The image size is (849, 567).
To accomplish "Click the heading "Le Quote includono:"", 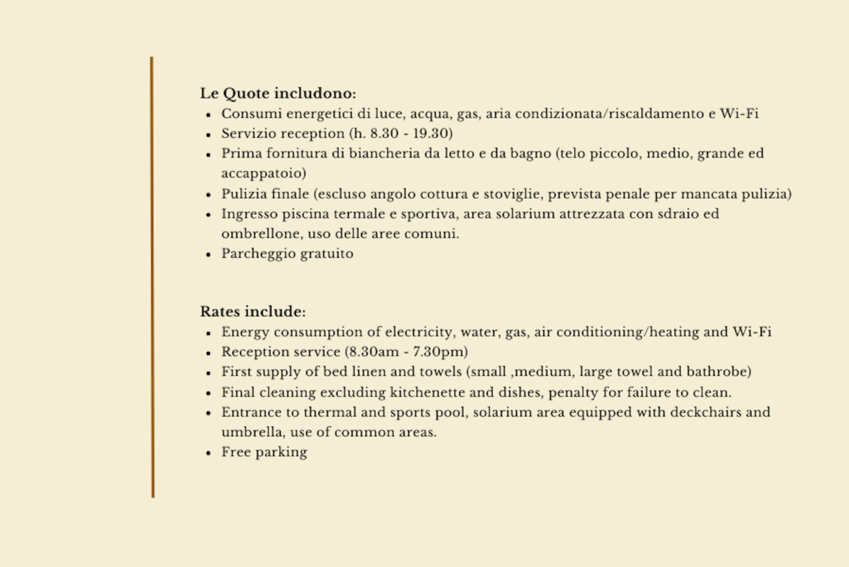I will click(x=278, y=93).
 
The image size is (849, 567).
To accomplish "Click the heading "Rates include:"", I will click(x=253, y=312).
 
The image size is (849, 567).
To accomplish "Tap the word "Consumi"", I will click(x=251, y=114).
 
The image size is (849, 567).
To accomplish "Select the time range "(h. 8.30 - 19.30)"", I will click(x=401, y=134).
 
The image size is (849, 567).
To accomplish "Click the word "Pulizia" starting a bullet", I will click(x=244, y=194).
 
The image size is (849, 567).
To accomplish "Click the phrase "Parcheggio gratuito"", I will click(x=287, y=254).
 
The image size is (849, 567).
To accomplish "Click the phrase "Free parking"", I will click(x=264, y=452).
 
